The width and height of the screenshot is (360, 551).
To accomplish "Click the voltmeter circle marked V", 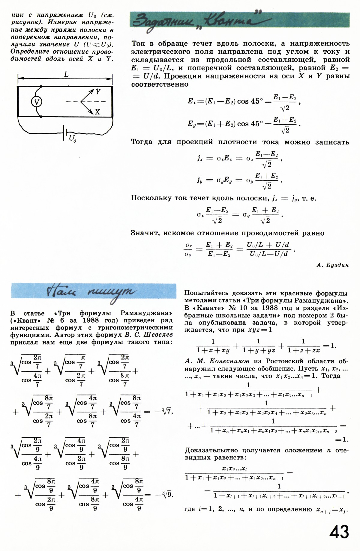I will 37,102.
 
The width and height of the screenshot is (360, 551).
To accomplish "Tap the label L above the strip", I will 66,74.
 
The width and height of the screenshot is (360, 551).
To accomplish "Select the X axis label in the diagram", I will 97,112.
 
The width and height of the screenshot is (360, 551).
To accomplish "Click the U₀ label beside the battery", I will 72,138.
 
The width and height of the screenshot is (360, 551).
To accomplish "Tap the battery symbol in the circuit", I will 65,133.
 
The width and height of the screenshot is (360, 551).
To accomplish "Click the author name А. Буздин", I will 333,265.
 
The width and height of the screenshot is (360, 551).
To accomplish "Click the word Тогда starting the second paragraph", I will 142,142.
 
